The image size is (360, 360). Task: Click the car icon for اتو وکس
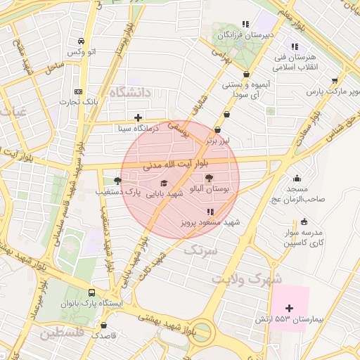point(82,41)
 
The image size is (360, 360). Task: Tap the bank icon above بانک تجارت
point(78,91)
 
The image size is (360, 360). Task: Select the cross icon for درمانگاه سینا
point(138,117)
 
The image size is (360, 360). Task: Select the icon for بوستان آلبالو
point(209,179)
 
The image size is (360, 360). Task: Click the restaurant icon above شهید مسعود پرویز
point(210,211)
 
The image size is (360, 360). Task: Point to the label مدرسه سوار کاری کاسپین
point(303,238)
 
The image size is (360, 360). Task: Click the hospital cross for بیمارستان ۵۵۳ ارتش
point(289,308)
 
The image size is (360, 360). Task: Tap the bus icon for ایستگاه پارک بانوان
point(92,292)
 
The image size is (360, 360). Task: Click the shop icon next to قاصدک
point(105,326)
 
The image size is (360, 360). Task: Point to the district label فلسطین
point(62,333)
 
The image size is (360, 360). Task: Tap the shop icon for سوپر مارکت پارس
point(335,81)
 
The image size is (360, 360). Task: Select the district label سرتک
point(201,250)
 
